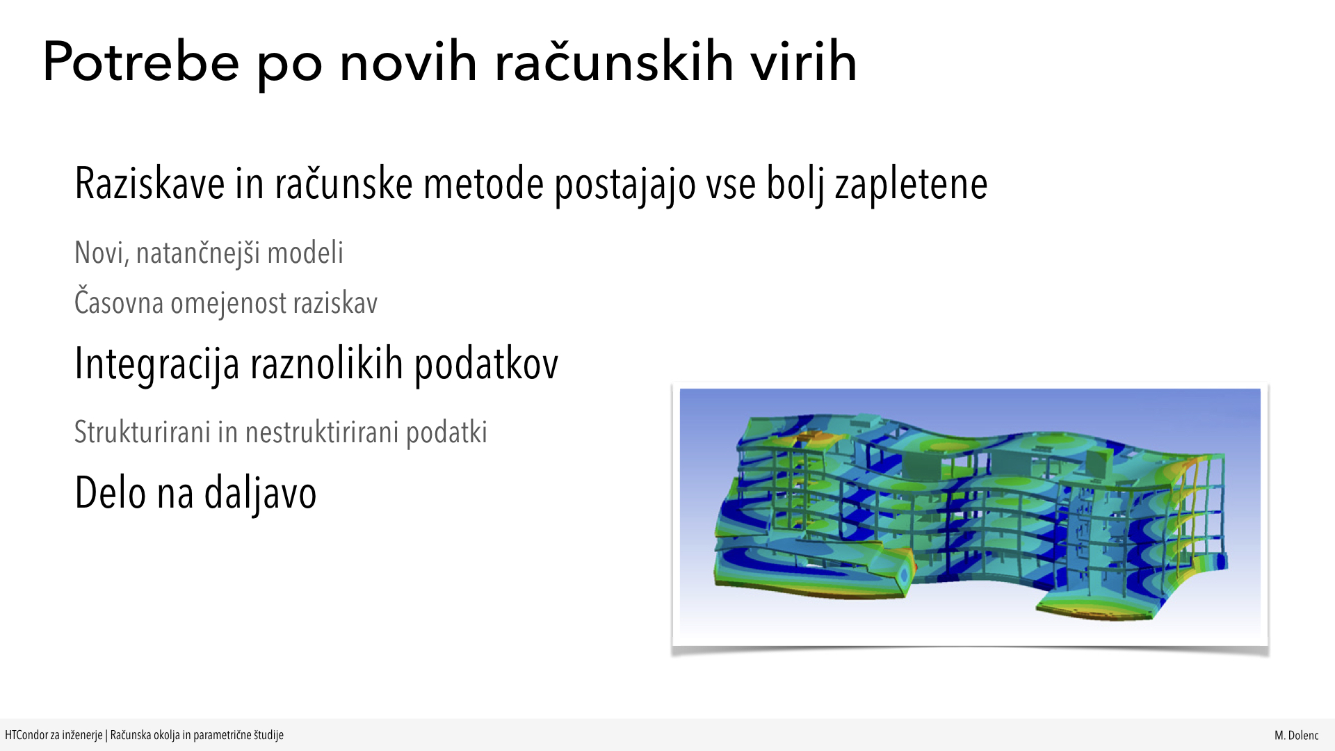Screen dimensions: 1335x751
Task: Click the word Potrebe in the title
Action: click(141, 63)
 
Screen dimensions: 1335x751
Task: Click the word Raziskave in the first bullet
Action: click(149, 184)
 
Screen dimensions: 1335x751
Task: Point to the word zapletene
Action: click(911, 185)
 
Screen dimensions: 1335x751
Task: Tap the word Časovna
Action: click(119, 302)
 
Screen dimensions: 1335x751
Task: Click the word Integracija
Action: click(157, 364)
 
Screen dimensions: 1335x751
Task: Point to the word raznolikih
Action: click(327, 363)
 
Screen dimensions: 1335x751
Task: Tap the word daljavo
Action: click(260, 494)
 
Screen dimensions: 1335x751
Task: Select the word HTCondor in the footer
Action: click(26, 735)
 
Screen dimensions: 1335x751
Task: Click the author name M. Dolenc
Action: click(1296, 735)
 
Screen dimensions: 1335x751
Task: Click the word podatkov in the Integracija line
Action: click(486, 364)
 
